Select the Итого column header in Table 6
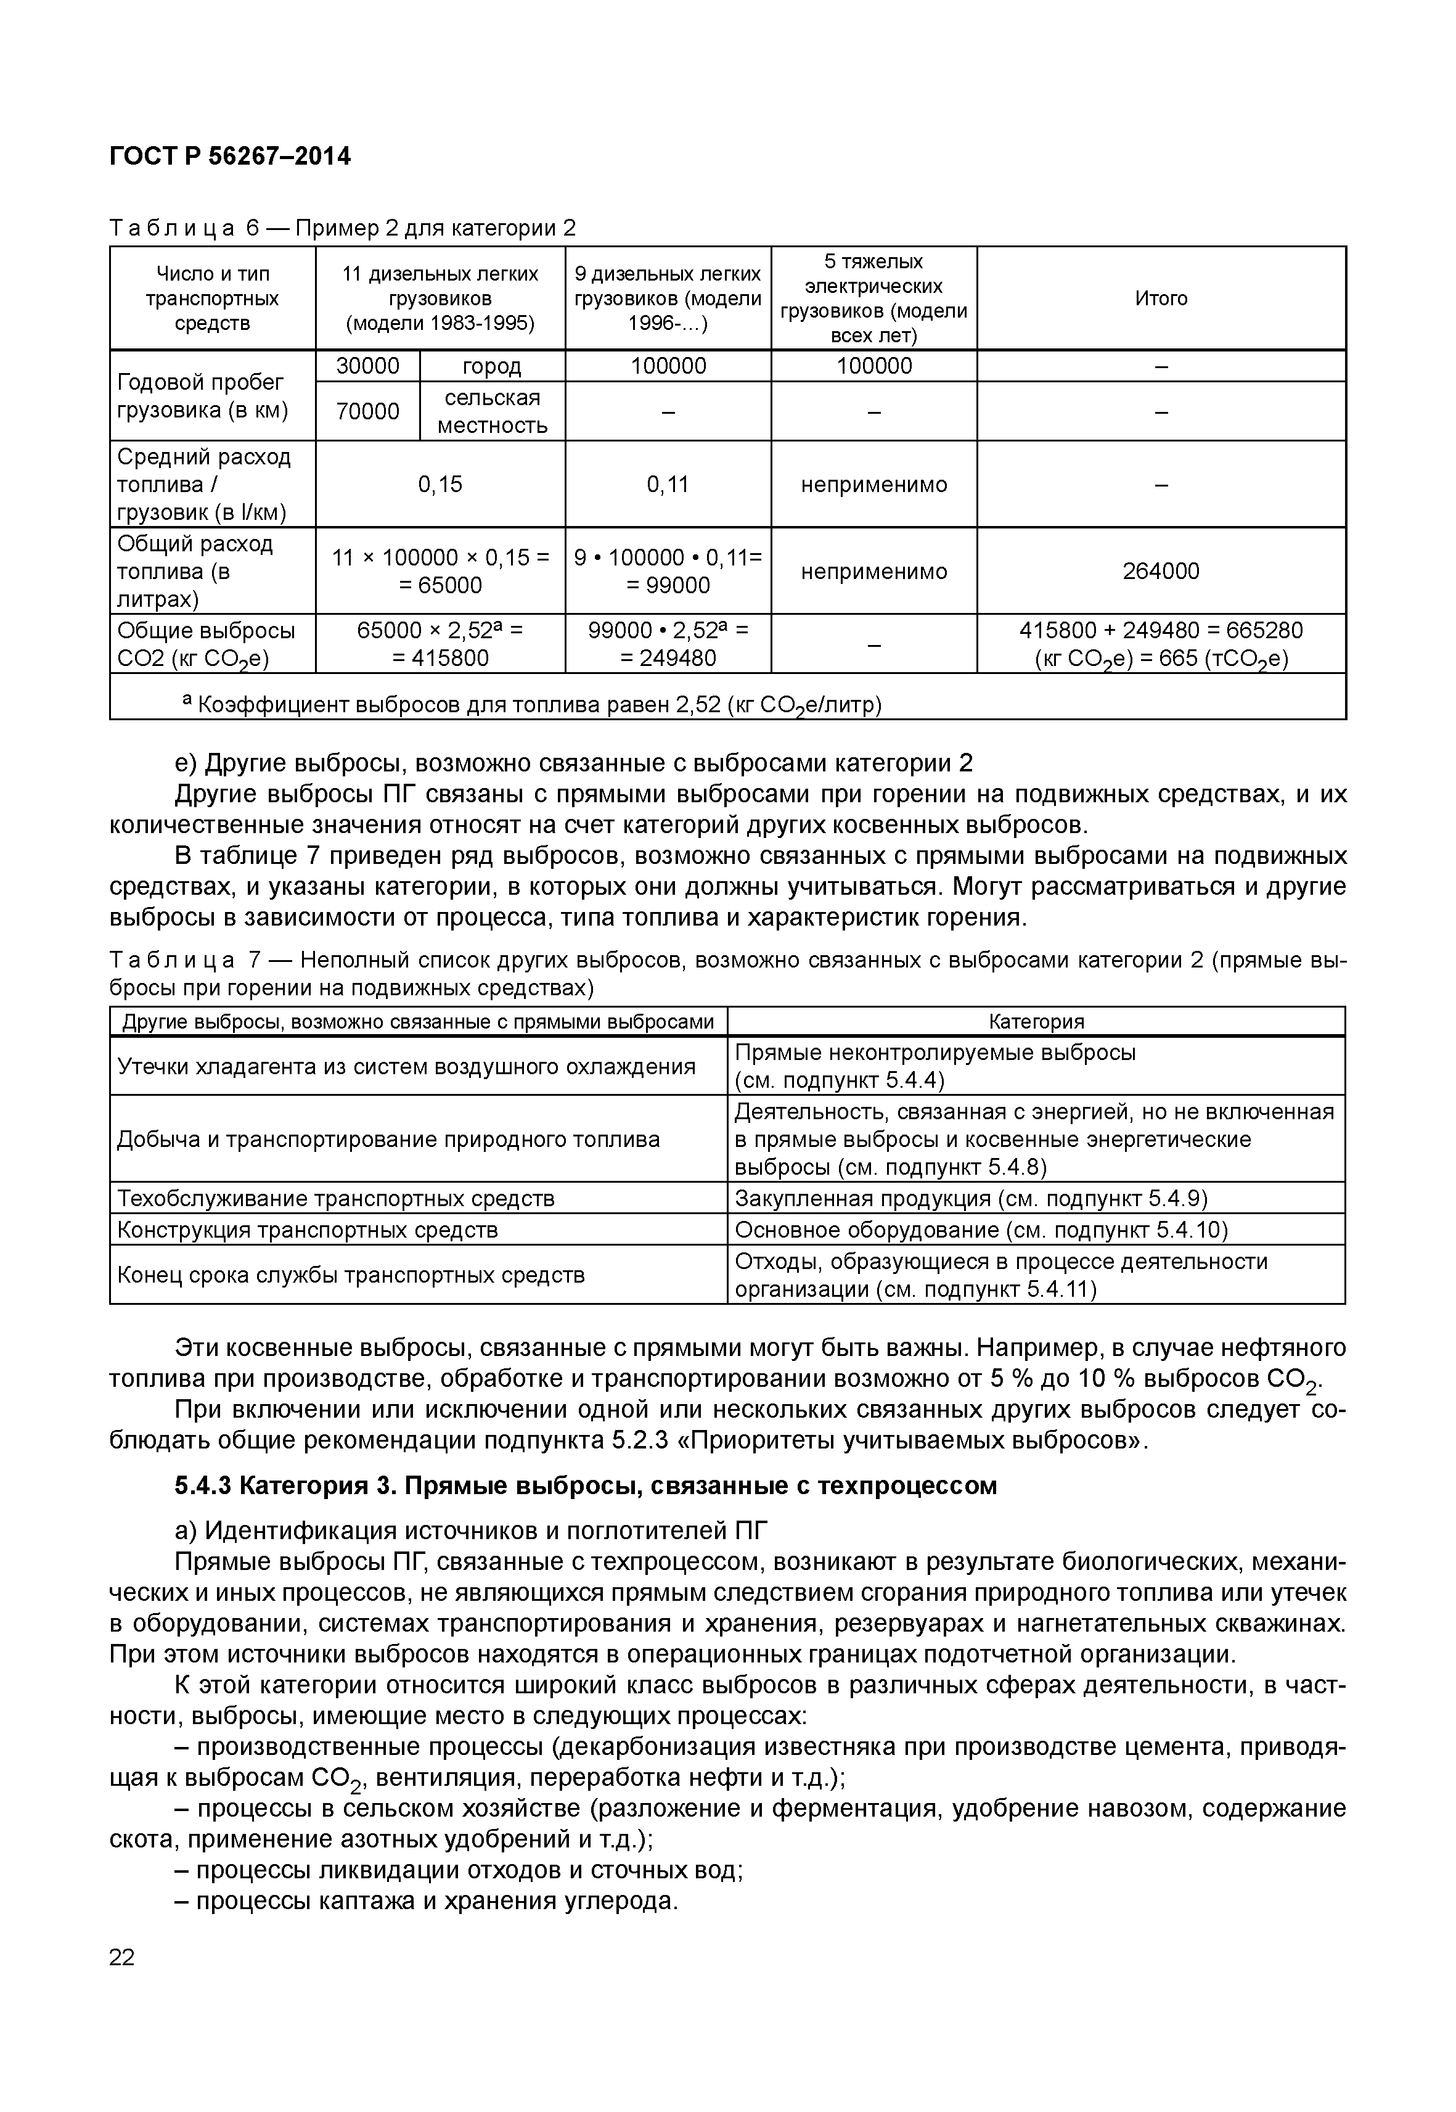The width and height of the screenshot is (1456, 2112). [x=1160, y=298]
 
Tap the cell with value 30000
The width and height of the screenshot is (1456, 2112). [x=367, y=366]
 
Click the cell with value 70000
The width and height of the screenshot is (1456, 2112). [x=367, y=412]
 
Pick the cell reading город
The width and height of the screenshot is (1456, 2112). [x=492, y=366]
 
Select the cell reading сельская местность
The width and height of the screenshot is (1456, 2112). [x=492, y=412]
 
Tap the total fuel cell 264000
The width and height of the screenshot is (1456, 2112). [x=1160, y=572]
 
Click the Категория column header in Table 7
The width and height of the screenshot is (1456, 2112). [x=1036, y=1021]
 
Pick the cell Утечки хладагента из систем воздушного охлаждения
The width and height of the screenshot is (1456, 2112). [x=406, y=1066]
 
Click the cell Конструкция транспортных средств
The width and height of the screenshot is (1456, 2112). [x=308, y=1230]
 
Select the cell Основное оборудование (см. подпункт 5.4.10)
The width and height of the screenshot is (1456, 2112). [x=981, y=1230]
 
